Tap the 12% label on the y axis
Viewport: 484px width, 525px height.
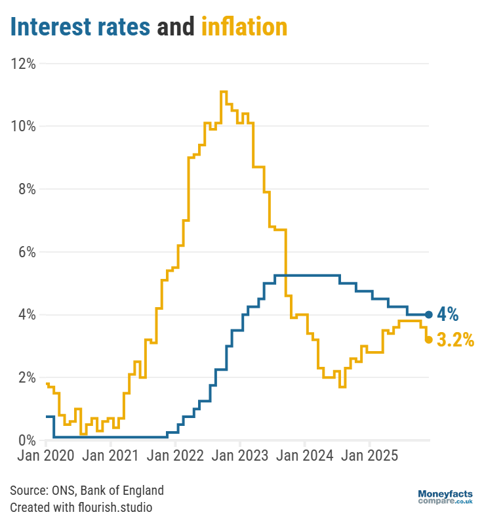coord(23,64)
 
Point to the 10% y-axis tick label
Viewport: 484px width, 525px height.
coord(23,126)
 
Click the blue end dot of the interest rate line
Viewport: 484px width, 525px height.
coord(428,314)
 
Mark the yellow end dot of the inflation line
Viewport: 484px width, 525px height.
coord(428,339)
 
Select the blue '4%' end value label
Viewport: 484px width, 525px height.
coord(448,314)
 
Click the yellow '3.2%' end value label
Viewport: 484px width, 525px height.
coord(455,340)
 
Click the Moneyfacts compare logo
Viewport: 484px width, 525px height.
coord(445,497)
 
